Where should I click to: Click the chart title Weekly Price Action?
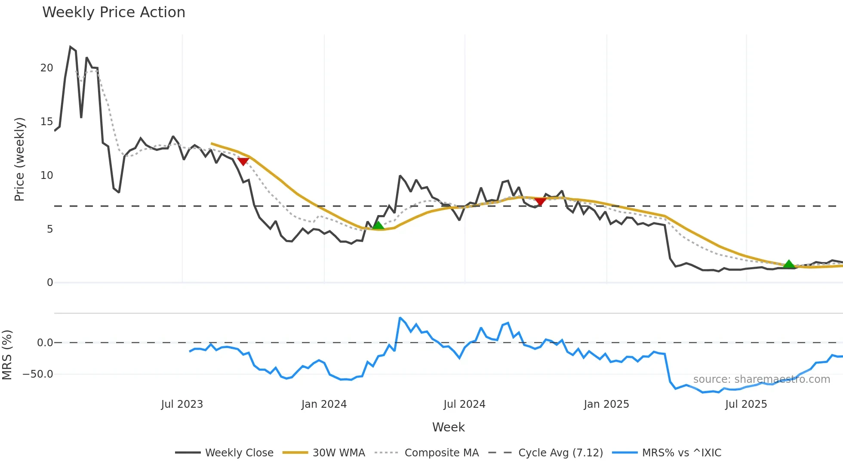coord(114,12)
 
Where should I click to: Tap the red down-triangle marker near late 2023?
coord(243,161)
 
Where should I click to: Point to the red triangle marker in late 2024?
coord(540,201)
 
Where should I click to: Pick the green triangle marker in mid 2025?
coord(789,264)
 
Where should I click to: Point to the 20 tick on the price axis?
coord(46,68)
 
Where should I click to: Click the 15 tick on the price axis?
coord(46,122)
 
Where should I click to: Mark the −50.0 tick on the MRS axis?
coord(38,374)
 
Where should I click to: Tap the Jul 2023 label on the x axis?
coord(182,404)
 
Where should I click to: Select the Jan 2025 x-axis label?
coord(606,404)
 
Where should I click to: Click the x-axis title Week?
coord(448,427)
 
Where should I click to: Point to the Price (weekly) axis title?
coord(19,159)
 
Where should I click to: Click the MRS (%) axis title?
coord(7,355)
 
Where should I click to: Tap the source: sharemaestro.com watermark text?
coord(761,379)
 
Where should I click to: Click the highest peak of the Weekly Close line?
coord(70,47)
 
